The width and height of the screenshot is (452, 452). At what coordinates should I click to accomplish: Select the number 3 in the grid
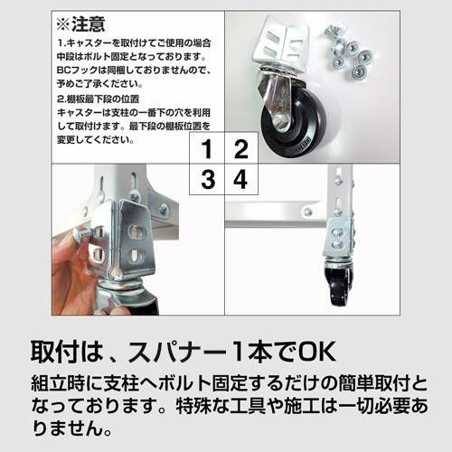208,179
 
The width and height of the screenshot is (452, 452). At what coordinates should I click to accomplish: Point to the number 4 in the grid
240,179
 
